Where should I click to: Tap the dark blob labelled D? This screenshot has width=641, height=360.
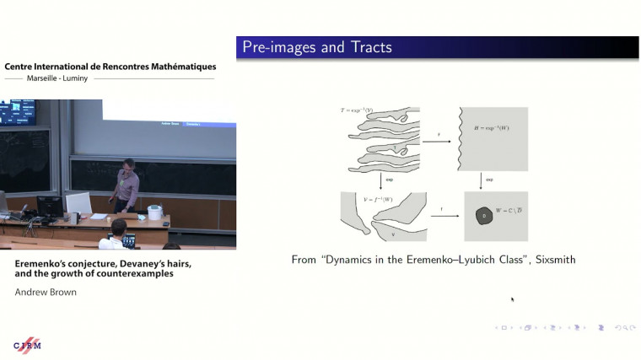point(484,217)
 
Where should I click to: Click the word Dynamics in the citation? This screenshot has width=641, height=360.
point(355,260)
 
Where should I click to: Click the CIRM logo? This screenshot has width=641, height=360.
point(27,346)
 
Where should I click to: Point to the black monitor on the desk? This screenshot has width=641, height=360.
point(50,205)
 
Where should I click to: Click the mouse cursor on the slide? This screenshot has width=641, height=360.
point(512,298)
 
